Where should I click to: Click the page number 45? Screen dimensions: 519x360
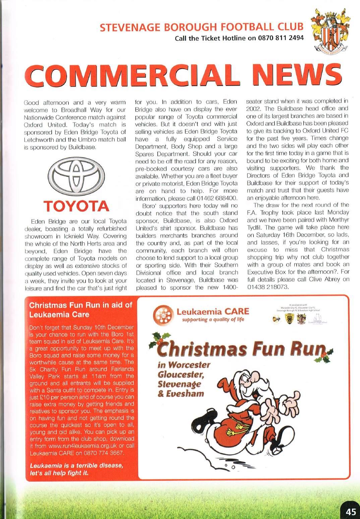[350, 511]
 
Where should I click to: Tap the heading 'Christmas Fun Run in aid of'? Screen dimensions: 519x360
[81, 305]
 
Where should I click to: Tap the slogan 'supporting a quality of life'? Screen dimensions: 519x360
[213, 320]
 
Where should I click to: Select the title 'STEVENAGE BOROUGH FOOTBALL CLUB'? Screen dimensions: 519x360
[202, 27]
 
